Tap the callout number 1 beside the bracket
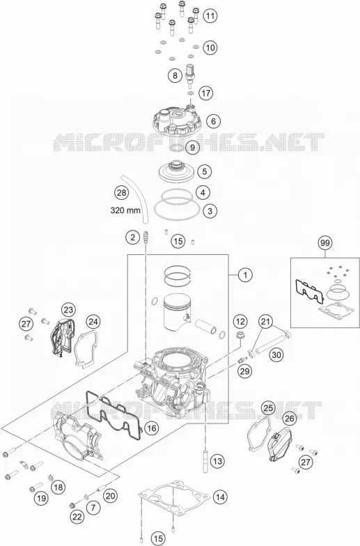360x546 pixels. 245,275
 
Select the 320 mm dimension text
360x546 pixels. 125,210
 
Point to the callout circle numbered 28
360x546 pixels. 121,192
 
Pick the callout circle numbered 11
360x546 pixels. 210,16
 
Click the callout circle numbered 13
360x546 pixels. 217,461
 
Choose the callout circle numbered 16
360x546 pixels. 152,428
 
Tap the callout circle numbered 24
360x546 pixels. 93,322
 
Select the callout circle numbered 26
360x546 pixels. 290,418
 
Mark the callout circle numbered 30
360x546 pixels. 276,355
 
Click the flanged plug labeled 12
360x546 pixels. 240,336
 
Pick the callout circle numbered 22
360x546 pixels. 77,517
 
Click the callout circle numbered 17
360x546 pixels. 206,93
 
